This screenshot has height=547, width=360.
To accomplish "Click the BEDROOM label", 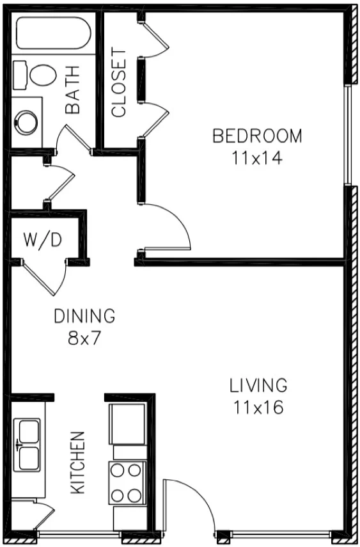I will (x=257, y=136).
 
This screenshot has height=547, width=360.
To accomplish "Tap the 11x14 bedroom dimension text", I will (x=257, y=157).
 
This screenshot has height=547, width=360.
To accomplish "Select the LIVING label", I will (x=258, y=385).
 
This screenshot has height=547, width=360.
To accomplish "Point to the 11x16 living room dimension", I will (x=258, y=406).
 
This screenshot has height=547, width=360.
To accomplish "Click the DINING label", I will (x=84, y=315).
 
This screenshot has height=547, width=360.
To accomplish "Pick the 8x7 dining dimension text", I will (x=85, y=337).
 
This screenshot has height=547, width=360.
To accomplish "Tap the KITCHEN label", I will (x=77, y=462).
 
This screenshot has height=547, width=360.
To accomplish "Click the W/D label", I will (x=43, y=240).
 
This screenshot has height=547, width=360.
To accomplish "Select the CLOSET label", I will (x=120, y=83).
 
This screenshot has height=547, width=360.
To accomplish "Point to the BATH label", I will (x=73, y=90).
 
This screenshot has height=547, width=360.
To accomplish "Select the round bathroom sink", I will (x=27, y=122).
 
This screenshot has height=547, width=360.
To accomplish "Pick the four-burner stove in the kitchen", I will (x=126, y=483).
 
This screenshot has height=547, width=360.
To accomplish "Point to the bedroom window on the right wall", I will (x=348, y=134).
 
